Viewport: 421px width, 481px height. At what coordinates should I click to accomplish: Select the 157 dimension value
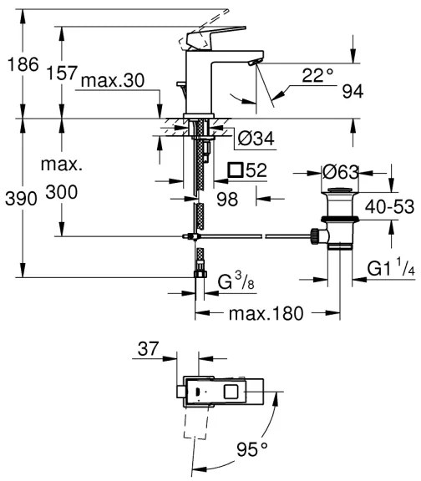63,74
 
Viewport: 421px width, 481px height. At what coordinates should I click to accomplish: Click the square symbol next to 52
236,170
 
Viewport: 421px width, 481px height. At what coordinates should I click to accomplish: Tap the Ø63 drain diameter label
342,173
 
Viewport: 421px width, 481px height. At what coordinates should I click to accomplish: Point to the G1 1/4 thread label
392,269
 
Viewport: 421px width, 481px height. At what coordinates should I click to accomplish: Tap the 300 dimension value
63,192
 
